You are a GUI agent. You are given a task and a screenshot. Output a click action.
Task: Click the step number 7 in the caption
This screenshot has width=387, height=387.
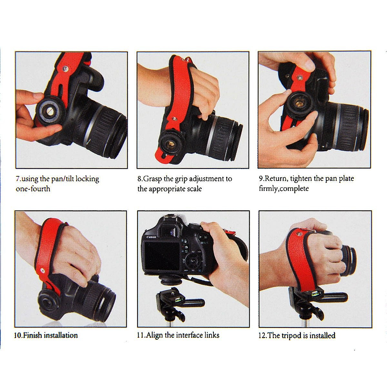point(18,179)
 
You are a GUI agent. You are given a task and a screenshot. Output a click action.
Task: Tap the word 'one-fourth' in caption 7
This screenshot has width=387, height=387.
point(33,189)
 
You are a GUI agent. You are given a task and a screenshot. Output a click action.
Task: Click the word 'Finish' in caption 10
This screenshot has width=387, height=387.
point(32,335)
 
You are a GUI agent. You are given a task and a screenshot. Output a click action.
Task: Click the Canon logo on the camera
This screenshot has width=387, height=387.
point(151,237)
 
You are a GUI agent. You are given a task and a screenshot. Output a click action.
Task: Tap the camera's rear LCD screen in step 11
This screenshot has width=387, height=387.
point(162,256)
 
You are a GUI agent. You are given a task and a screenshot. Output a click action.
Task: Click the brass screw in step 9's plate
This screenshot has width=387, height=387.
point(299,103)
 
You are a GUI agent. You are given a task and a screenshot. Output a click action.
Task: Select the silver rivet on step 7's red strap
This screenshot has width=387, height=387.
point(65,69)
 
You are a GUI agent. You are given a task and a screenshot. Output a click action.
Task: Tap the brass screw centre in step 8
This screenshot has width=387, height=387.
point(170,144)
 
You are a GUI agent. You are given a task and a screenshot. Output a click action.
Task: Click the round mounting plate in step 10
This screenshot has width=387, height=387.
point(48,301)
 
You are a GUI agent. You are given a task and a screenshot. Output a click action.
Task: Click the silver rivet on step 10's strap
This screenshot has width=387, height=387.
point(42,271)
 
